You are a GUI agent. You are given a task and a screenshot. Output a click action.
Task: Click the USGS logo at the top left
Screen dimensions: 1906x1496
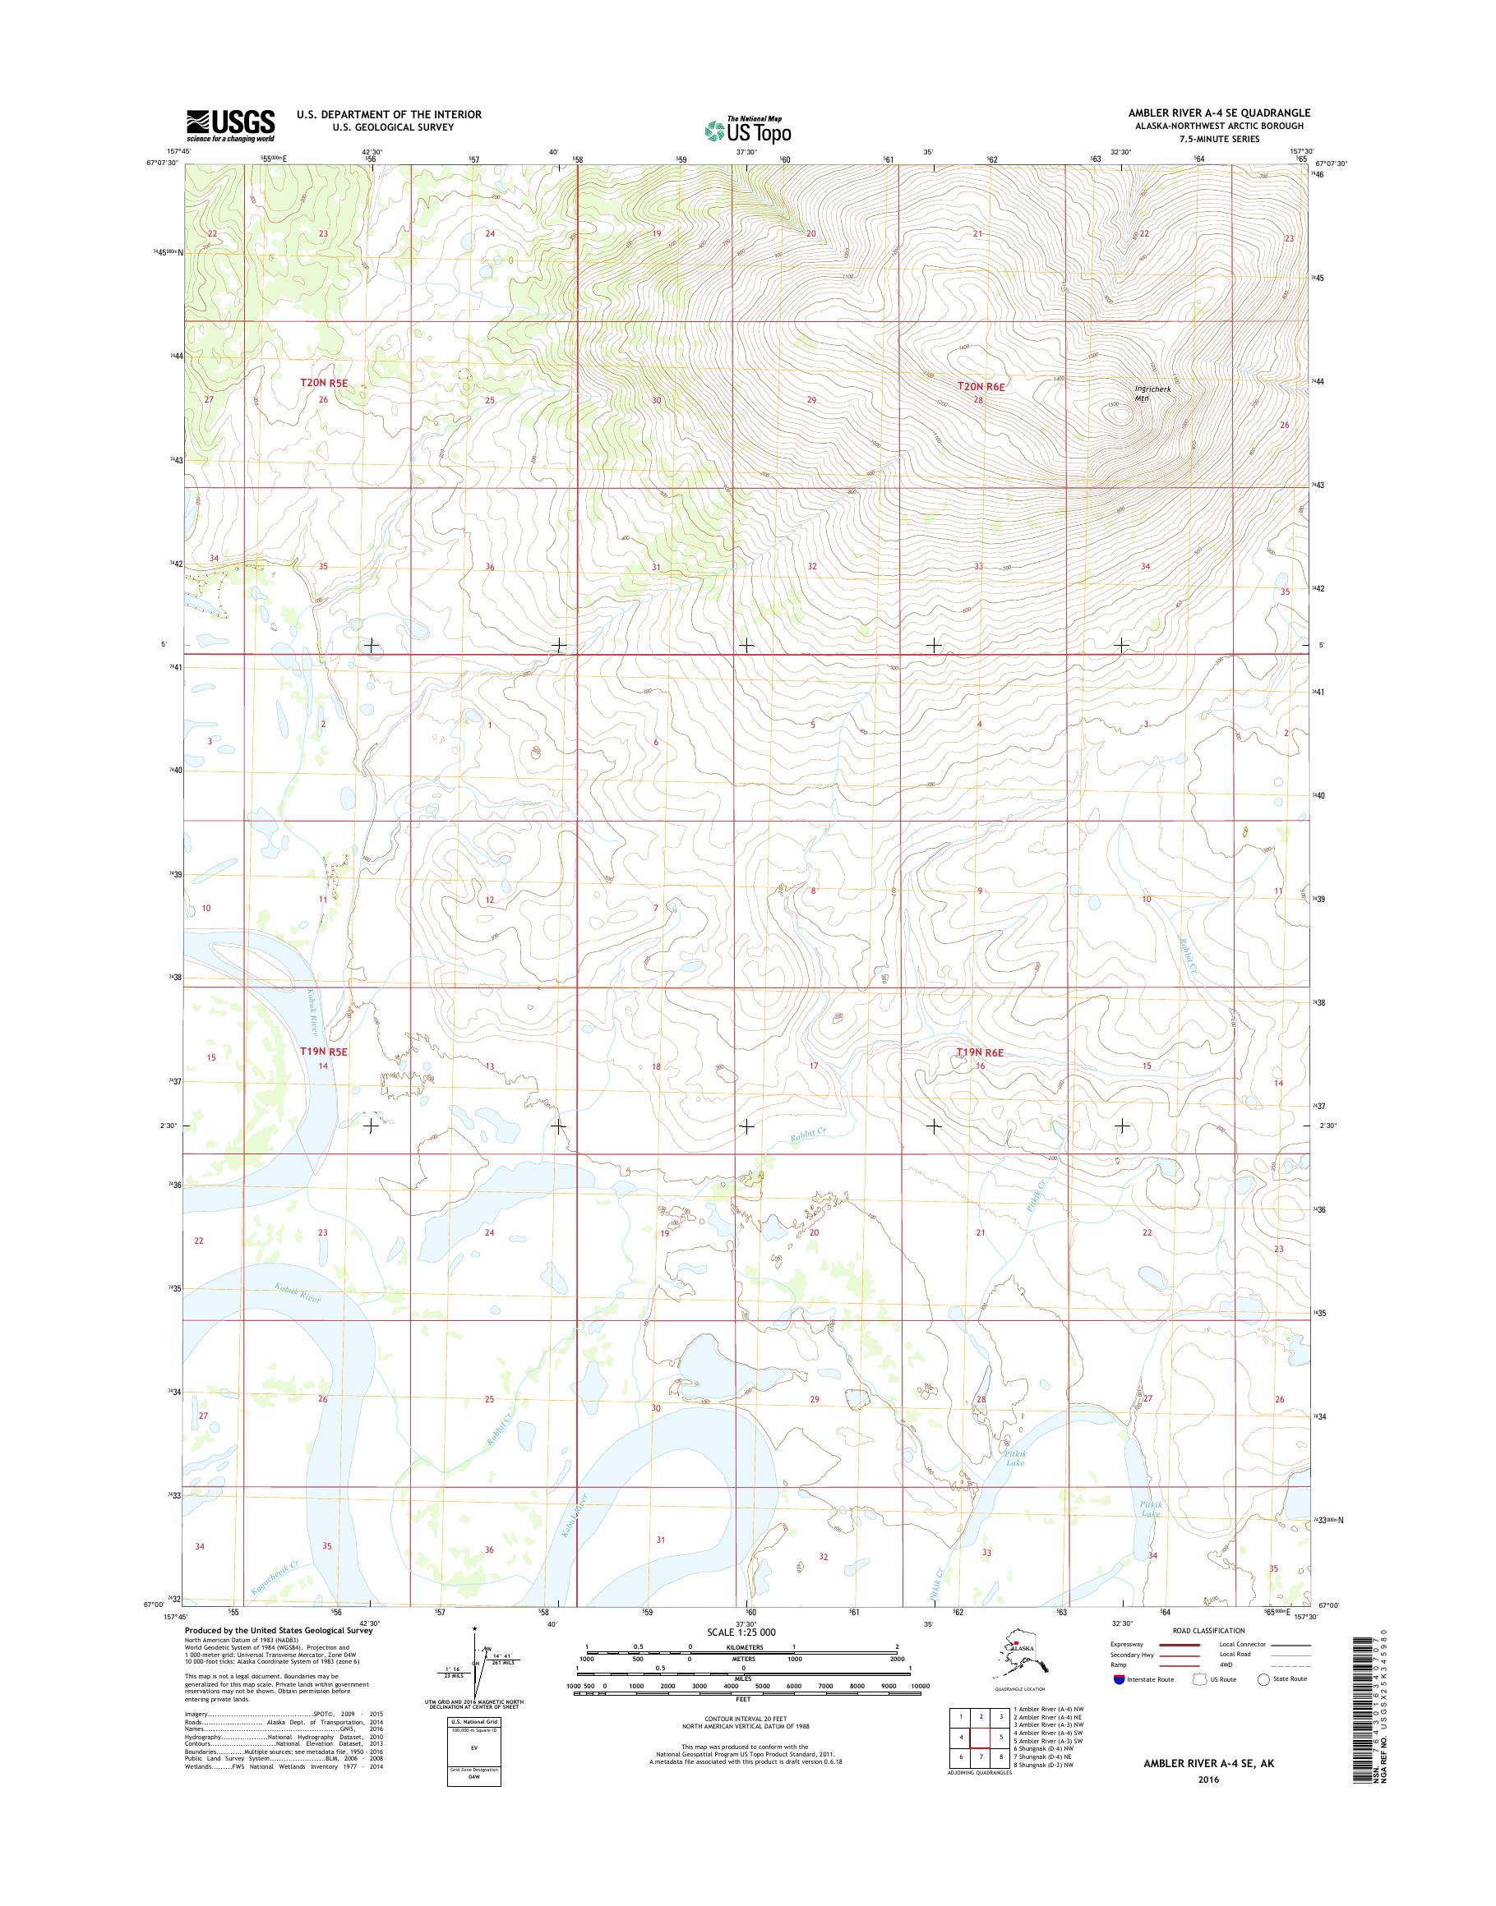click(229, 125)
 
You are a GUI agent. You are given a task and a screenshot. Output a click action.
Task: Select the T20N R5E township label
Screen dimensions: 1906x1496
click(324, 383)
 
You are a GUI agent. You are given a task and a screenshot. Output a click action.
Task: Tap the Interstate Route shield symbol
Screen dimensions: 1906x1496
click(1119, 1679)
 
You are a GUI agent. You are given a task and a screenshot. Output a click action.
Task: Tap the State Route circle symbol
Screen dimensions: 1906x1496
click(1263, 1679)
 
